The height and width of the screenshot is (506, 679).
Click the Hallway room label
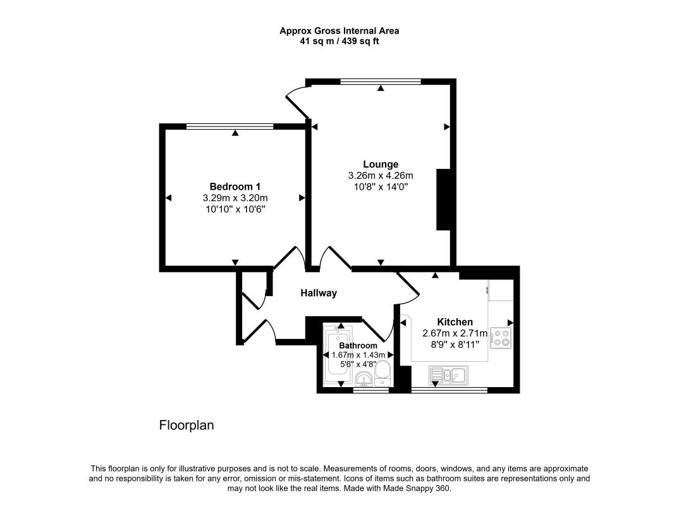point(318,293)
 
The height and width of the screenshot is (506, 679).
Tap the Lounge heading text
point(381,164)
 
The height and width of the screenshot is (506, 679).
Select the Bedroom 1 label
point(235,187)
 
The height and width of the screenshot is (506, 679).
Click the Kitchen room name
point(455,322)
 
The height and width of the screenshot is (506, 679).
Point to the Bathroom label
point(358,346)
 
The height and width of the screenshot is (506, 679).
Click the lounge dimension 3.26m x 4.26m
point(381,175)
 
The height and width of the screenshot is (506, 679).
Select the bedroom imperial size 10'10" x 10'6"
point(235,209)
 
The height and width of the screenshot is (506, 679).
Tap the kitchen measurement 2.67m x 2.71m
point(455,333)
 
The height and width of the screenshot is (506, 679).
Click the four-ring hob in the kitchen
point(501,338)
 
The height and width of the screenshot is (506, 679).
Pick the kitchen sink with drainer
point(449,374)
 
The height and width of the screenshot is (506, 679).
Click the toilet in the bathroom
point(382,373)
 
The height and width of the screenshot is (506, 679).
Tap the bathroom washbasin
point(364,379)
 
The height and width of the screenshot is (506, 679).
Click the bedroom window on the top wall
point(230,126)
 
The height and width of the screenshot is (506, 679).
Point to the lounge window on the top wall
point(381,81)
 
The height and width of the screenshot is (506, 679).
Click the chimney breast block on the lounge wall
point(443,200)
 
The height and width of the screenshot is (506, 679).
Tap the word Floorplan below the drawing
point(187,425)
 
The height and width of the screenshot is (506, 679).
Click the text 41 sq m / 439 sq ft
point(339,42)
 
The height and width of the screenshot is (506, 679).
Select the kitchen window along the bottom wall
point(450,390)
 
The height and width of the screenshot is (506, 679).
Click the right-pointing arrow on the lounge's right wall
point(447,127)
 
